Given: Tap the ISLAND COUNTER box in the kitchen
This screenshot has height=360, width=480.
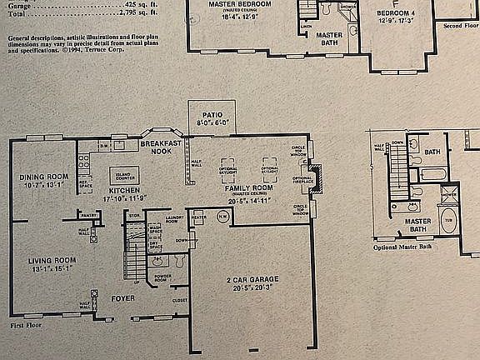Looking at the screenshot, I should pyautogui.click(x=124, y=175).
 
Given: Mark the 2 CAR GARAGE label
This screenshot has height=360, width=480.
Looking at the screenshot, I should pyautogui.click(x=246, y=279).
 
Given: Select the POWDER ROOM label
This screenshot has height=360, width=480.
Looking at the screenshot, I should pyautogui.click(x=163, y=277).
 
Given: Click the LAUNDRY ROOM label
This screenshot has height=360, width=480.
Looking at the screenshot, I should pyautogui.click(x=174, y=218).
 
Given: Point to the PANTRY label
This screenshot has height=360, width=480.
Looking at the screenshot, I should pyautogui.click(x=90, y=214).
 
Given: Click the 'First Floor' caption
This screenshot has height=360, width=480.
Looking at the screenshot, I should pyautogui.click(x=27, y=325).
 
